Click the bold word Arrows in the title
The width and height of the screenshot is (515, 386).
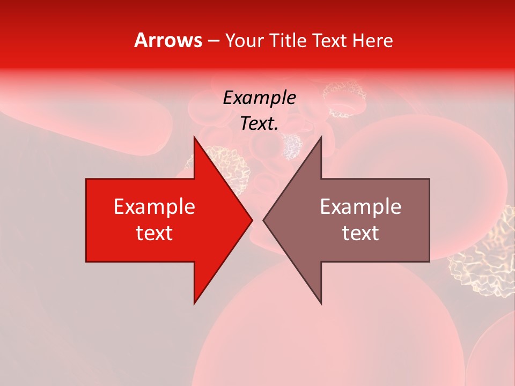click(168, 40)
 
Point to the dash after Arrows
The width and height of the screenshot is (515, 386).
click(213, 41)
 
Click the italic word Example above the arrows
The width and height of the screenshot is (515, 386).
click(259, 98)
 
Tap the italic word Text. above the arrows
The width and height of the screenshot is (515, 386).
click(259, 124)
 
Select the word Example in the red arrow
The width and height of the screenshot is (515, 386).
click(154, 206)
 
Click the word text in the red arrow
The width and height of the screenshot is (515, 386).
click(154, 233)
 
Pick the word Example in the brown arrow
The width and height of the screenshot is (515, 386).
click(360, 206)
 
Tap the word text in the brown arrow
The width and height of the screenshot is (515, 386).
click(360, 233)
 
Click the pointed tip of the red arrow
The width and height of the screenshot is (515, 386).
click(251, 220)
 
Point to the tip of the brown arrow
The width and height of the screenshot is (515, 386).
click(264, 220)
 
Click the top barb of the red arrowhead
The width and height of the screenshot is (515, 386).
click(195, 140)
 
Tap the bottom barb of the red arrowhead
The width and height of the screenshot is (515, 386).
click(195, 300)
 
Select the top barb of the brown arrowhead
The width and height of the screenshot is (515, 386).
click(320, 140)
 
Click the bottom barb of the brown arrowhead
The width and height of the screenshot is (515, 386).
click(320, 300)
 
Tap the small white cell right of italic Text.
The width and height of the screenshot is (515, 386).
click(292, 145)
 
